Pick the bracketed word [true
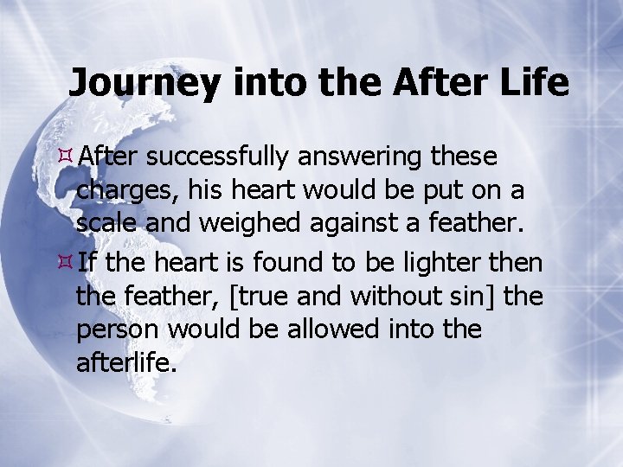pos(256,296)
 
